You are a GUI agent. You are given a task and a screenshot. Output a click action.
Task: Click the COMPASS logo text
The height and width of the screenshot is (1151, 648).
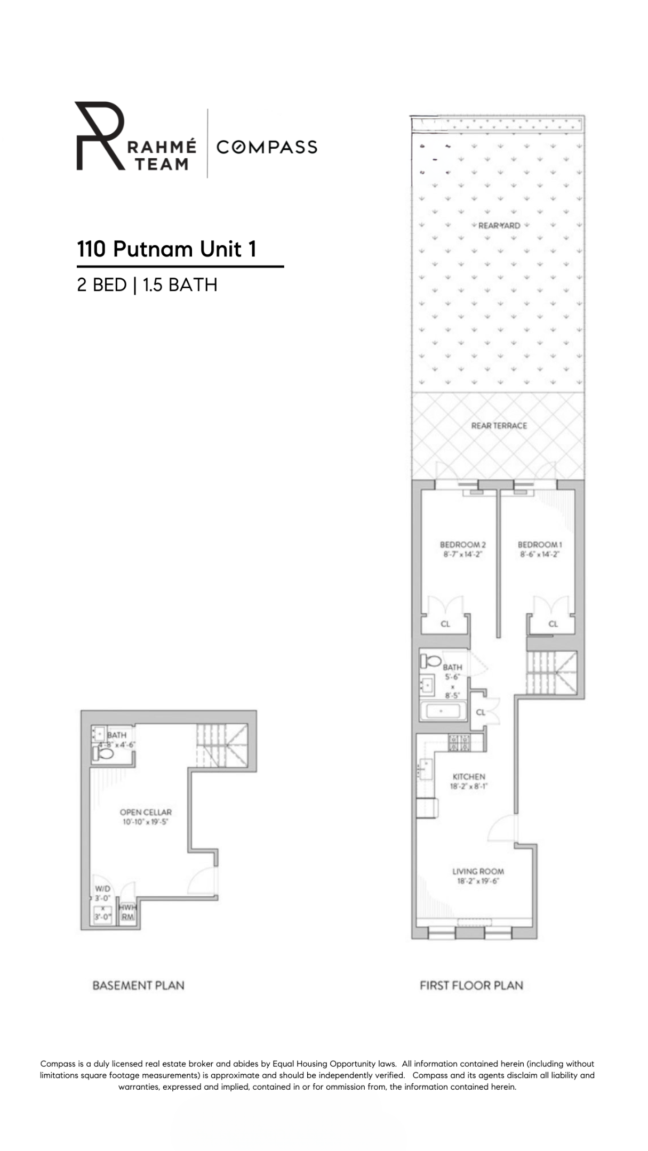point(267,147)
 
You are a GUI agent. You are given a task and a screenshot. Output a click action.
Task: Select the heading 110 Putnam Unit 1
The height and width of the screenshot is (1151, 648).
point(167,249)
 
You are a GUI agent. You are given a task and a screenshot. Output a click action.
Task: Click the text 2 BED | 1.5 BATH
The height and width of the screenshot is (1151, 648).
point(147,285)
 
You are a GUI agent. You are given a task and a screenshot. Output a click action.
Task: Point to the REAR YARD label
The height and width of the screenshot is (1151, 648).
point(499,225)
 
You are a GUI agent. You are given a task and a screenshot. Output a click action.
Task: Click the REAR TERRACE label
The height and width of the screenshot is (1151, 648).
point(499,426)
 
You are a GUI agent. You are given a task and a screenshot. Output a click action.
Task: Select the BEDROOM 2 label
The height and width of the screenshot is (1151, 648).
point(462,545)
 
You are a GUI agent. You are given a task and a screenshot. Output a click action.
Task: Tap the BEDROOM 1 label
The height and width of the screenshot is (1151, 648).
point(540,545)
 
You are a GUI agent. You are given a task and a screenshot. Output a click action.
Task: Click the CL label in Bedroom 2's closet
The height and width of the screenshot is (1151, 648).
point(445,624)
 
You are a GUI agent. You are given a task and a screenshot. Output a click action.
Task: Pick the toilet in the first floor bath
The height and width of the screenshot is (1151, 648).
point(430,662)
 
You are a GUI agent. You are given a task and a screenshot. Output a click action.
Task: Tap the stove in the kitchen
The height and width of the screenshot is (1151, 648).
point(459,743)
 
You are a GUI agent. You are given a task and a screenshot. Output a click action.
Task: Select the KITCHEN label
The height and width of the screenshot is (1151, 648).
point(469,777)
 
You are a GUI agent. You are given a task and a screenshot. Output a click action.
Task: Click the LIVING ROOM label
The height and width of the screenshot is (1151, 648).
point(478,871)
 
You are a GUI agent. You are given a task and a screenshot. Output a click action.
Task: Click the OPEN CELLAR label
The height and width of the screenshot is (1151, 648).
point(146,812)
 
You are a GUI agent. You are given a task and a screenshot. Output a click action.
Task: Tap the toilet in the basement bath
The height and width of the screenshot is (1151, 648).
point(103,754)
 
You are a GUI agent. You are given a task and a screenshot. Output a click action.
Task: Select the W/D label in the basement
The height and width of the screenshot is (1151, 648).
point(102,889)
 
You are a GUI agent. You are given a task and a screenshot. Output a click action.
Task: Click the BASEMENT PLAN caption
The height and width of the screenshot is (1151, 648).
point(138,986)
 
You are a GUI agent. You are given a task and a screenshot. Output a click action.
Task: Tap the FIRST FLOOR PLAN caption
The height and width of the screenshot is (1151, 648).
point(471,986)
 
